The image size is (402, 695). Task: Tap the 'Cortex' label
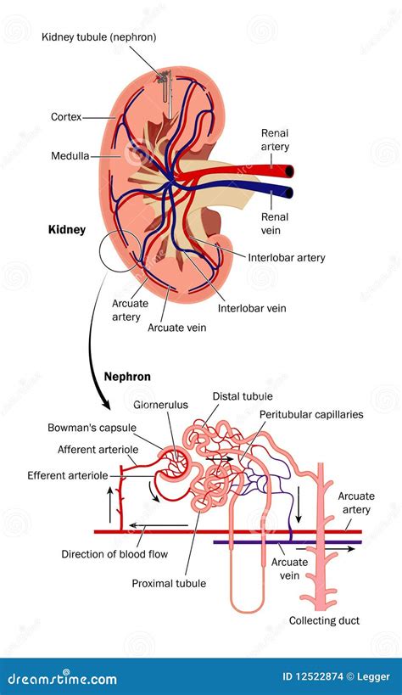[66, 117]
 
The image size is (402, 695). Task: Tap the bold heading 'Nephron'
[128, 375]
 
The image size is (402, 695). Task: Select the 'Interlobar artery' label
[287, 258]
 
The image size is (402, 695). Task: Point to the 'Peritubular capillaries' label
[310, 414]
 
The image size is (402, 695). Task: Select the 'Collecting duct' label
[325, 620]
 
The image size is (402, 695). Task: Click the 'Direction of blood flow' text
[114, 554]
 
